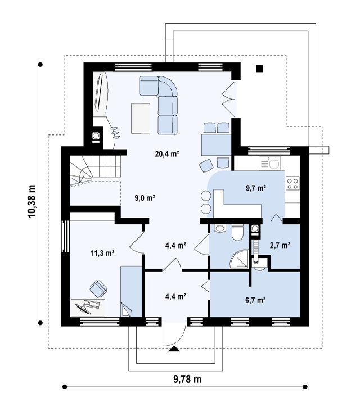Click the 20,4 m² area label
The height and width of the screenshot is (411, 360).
(x=167, y=154)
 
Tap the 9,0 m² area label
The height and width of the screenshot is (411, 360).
(x=145, y=198)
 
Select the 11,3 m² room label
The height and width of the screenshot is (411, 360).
(x=102, y=253)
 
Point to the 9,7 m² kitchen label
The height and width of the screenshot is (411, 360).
(x=256, y=188)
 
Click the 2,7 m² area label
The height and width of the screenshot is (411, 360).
(x=280, y=245)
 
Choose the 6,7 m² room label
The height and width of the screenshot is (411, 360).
(x=255, y=300)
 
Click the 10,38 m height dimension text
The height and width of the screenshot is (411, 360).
(x=31, y=202)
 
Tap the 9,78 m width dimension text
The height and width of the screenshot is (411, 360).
(x=187, y=379)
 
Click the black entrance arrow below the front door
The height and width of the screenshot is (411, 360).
(x=174, y=349)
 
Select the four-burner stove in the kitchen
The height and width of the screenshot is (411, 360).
(x=292, y=183)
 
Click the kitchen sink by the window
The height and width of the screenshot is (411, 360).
(x=269, y=164)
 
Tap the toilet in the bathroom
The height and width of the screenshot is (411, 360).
(x=238, y=233)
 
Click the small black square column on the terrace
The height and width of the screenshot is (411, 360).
(x=259, y=69)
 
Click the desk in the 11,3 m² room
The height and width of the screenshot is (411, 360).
(x=88, y=308)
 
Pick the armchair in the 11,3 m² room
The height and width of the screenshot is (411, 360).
(x=98, y=288)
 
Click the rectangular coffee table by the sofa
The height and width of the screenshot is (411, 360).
(x=141, y=118)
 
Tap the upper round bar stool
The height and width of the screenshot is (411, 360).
(x=206, y=196)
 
